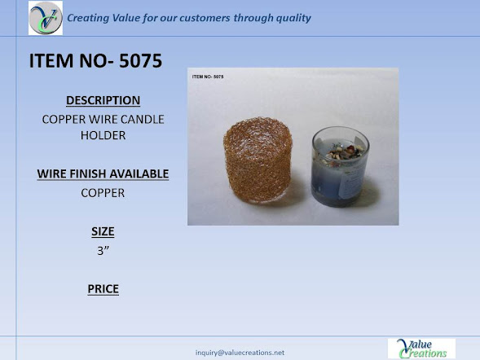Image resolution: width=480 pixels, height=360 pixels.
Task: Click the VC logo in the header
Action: pyautogui.click(x=46, y=18)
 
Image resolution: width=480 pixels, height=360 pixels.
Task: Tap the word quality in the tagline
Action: pyautogui.click(x=293, y=18)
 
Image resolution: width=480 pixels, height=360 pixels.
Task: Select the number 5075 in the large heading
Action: pyautogui.click(x=140, y=60)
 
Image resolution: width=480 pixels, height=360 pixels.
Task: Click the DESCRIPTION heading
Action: pyautogui.click(x=103, y=100)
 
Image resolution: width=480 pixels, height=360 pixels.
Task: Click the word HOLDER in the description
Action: pyautogui.click(x=103, y=135)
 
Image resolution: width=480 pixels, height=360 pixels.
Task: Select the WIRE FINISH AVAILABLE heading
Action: pyautogui.click(x=103, y=173)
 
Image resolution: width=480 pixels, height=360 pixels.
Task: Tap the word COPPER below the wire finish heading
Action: pyautogui.click(x=103, y=193)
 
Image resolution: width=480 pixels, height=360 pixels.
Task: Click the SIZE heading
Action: pyautogui.click(x=103, y=231)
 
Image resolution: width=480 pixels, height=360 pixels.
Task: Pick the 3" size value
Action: pyautogui.click(x=103, y=251)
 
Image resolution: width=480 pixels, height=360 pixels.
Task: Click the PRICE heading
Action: pyautogui.click(x=103, y=289)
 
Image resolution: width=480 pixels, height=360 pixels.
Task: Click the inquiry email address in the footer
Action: pyautogui.click(x=240, y=353)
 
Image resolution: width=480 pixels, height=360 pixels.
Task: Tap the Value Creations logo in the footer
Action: pyautogui.click(x=421, y=349)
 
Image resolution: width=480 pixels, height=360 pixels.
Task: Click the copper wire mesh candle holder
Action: pyautogui.click(x=258, y=160)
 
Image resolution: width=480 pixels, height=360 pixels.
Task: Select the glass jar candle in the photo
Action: pyautogui.click(x=341, y=167)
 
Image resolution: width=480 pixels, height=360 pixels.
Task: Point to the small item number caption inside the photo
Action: pyautogui.click(x=208, y=77)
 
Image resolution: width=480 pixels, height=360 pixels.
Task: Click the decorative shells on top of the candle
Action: pyautogui.click(x=345, y=152)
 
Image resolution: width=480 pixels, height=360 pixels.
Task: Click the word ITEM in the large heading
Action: pyautogui.click(x=51, y=60)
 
